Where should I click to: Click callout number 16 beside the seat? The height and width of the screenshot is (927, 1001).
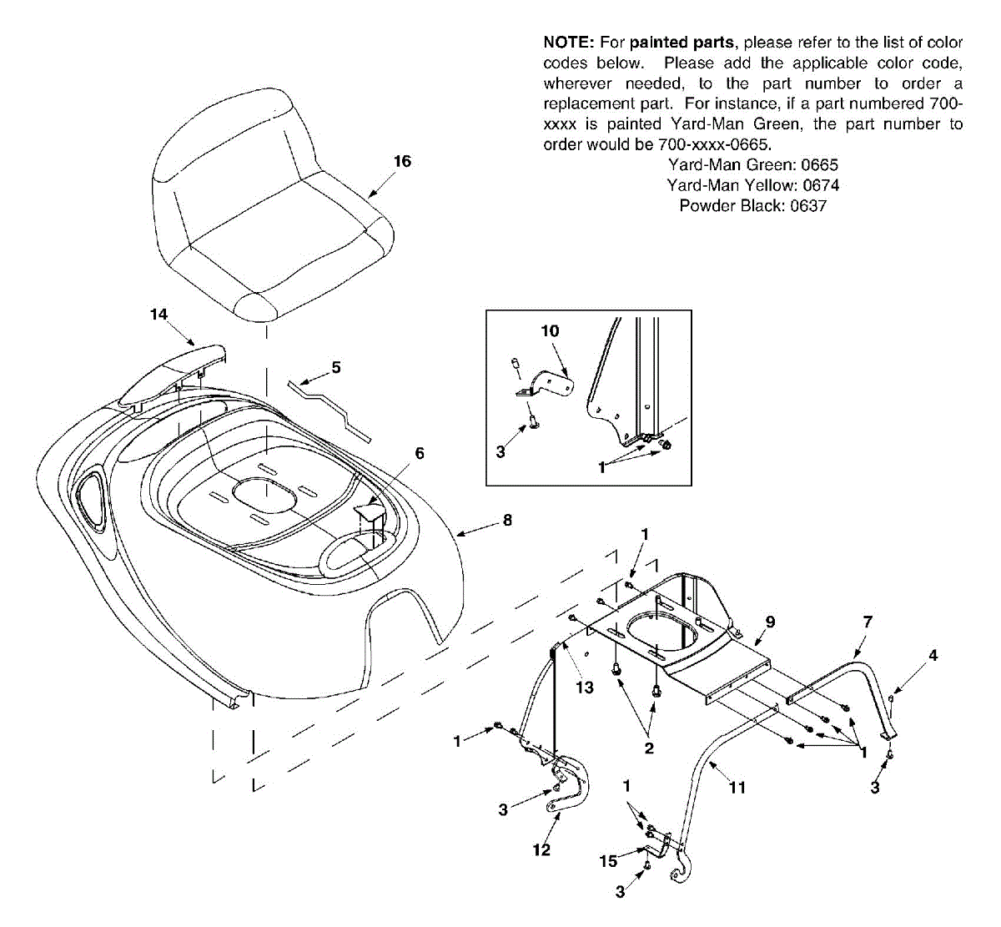click(x=402, y=161)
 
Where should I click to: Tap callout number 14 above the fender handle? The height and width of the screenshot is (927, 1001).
click(x=158, y=314)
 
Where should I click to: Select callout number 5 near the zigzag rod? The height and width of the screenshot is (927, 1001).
click(x=335, y=367)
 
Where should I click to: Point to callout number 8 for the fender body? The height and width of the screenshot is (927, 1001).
click(x=507, y=520)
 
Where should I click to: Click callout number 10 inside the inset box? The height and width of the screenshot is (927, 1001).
click(x=550, y=330)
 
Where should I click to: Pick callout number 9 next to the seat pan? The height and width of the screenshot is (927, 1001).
click(x=770, y=622)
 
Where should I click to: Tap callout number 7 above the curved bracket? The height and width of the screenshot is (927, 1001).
click(x=868, y=622)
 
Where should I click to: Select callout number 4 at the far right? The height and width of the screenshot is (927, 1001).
click(x=933, y=656)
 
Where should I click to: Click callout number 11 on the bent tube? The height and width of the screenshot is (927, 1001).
click(x=737, y=787)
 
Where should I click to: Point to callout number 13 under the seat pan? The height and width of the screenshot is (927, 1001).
click(x=585, y=687)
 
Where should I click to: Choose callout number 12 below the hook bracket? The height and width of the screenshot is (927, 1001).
click(x=541, y=849)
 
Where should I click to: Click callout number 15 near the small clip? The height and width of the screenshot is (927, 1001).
click(x=609, y=860)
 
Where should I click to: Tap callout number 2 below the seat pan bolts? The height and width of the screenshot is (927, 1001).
click(x=649, y=748)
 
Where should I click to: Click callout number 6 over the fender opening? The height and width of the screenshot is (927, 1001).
click(x=420, y=453)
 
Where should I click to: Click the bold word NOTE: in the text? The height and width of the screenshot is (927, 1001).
click(x=567, y=43)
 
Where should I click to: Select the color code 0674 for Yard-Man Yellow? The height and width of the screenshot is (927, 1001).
click(x=821, y=185)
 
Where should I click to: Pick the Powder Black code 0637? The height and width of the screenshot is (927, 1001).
click(x=808, y=206)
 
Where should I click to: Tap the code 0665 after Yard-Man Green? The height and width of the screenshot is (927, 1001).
click(x=819, y=165)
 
